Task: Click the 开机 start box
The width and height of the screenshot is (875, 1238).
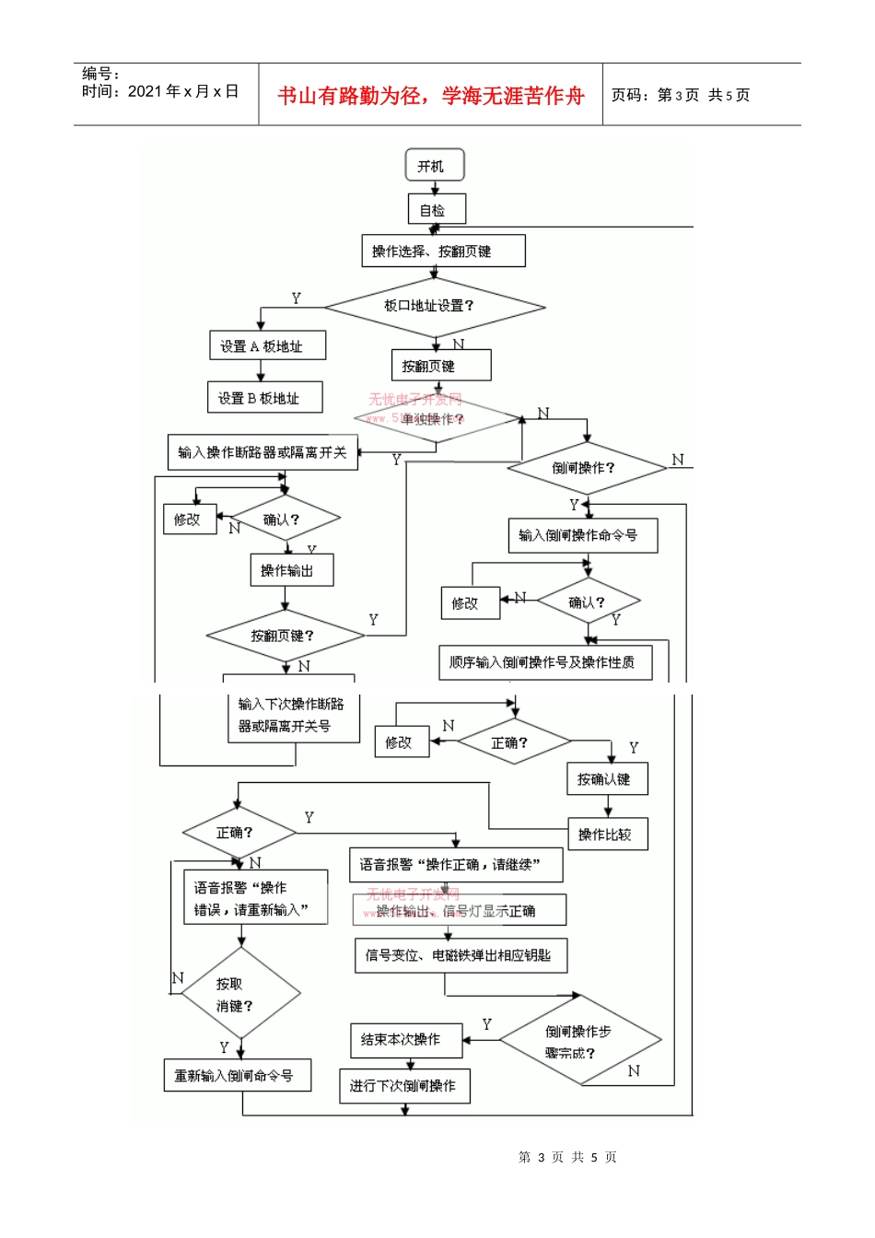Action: pyautogui.click(x=435, y=166)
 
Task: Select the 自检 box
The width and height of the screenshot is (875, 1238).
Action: pyautogui.click(x=437, y=209)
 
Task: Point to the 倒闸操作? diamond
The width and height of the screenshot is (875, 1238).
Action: pyautogui.click(x=586, y=468)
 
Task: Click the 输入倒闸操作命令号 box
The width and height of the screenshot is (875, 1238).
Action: pyautogui.click(x=582, y=535)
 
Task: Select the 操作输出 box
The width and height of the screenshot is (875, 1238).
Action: pyautogui.click(x=291, y=570)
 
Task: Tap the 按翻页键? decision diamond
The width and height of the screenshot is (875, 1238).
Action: pyautogui.click(x=285, y=636)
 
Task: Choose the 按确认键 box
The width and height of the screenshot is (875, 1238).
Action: pyautogui.click(x=607, y=779)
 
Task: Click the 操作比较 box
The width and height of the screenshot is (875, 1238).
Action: pyautogui.click(x=607, y=835)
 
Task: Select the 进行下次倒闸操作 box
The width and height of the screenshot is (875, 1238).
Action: pyautogui.click(x=404, y=1086)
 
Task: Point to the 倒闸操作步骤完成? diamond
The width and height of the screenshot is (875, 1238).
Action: pyautogui.click(x=580, y=1041)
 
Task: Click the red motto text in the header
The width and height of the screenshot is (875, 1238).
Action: pyautogui.click(x=431, y=96)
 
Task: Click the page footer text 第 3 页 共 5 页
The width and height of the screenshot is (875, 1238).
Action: pyautogui.click(x=567, y=1157)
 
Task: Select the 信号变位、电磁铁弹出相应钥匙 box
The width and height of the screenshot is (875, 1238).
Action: pyautogui.click(x=461, y=955)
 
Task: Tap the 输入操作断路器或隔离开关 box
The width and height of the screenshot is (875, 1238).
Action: pyautogui.click(x=262, y=452)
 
